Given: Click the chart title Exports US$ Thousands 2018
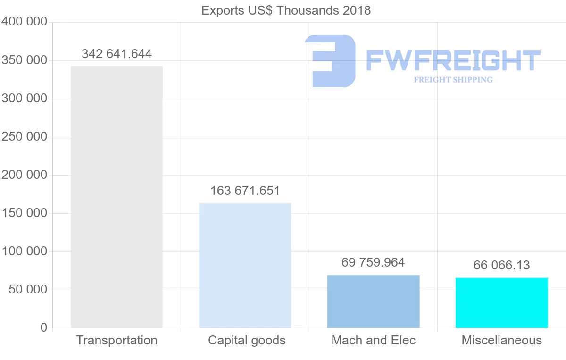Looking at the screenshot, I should click(x=286, y=10).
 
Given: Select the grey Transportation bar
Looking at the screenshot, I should click(x=117, y=197).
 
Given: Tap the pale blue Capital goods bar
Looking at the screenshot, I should click(x=245, y=265).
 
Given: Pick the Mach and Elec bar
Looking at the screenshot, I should click(x=373, y=301).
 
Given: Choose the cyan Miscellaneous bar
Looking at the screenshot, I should click(x=501, y=303).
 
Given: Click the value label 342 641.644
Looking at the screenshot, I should click(x=117, y=54).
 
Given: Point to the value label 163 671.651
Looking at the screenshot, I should click(x=245, y=191).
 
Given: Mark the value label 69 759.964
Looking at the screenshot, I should click(x=373, y=262).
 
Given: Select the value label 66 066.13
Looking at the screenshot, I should click(x=501, y=265).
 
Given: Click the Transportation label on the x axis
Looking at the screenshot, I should click(x=117, y=340).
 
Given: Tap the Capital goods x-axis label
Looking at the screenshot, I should click(x=247, y=340).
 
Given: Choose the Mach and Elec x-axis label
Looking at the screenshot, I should click(x=374, y=340).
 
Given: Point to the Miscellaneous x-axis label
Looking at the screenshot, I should click(x=502, y=340).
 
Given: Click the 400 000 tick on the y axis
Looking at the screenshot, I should click(x=25, y=22).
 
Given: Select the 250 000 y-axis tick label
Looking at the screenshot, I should click(x=25, y=137).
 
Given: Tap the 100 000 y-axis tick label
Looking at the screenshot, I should click(x=25, y=251).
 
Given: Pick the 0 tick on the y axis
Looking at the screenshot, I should click(x=43, y=327).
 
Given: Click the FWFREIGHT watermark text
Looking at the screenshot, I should click(x=453, y=60).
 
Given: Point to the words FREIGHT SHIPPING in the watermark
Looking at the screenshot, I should click(x=453, y=80).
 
